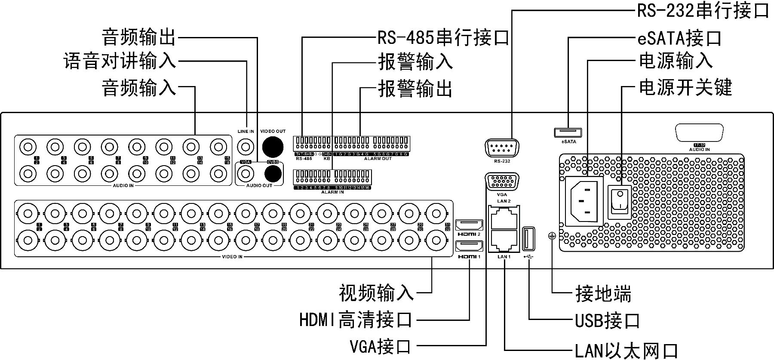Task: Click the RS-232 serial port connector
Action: (x=502, y=149)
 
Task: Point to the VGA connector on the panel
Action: (x=502, y=182)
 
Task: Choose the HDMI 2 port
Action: (x=469, y=225)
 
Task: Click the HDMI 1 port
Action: (x=469, y=247)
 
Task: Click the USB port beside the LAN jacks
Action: (x=528, y=239)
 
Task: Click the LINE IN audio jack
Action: (x=246, y=147)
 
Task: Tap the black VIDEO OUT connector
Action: (x=273, y=146)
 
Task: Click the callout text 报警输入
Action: (x=415, y=62)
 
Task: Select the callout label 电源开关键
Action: (x=685, y=87)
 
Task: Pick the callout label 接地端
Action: (x=603, y=294)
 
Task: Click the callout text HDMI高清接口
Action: (x=356, y=320)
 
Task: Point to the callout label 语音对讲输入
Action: (x=120, y=61)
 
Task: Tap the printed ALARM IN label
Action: (x=332, y=192)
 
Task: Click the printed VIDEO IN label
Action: (x=232, y=257)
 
